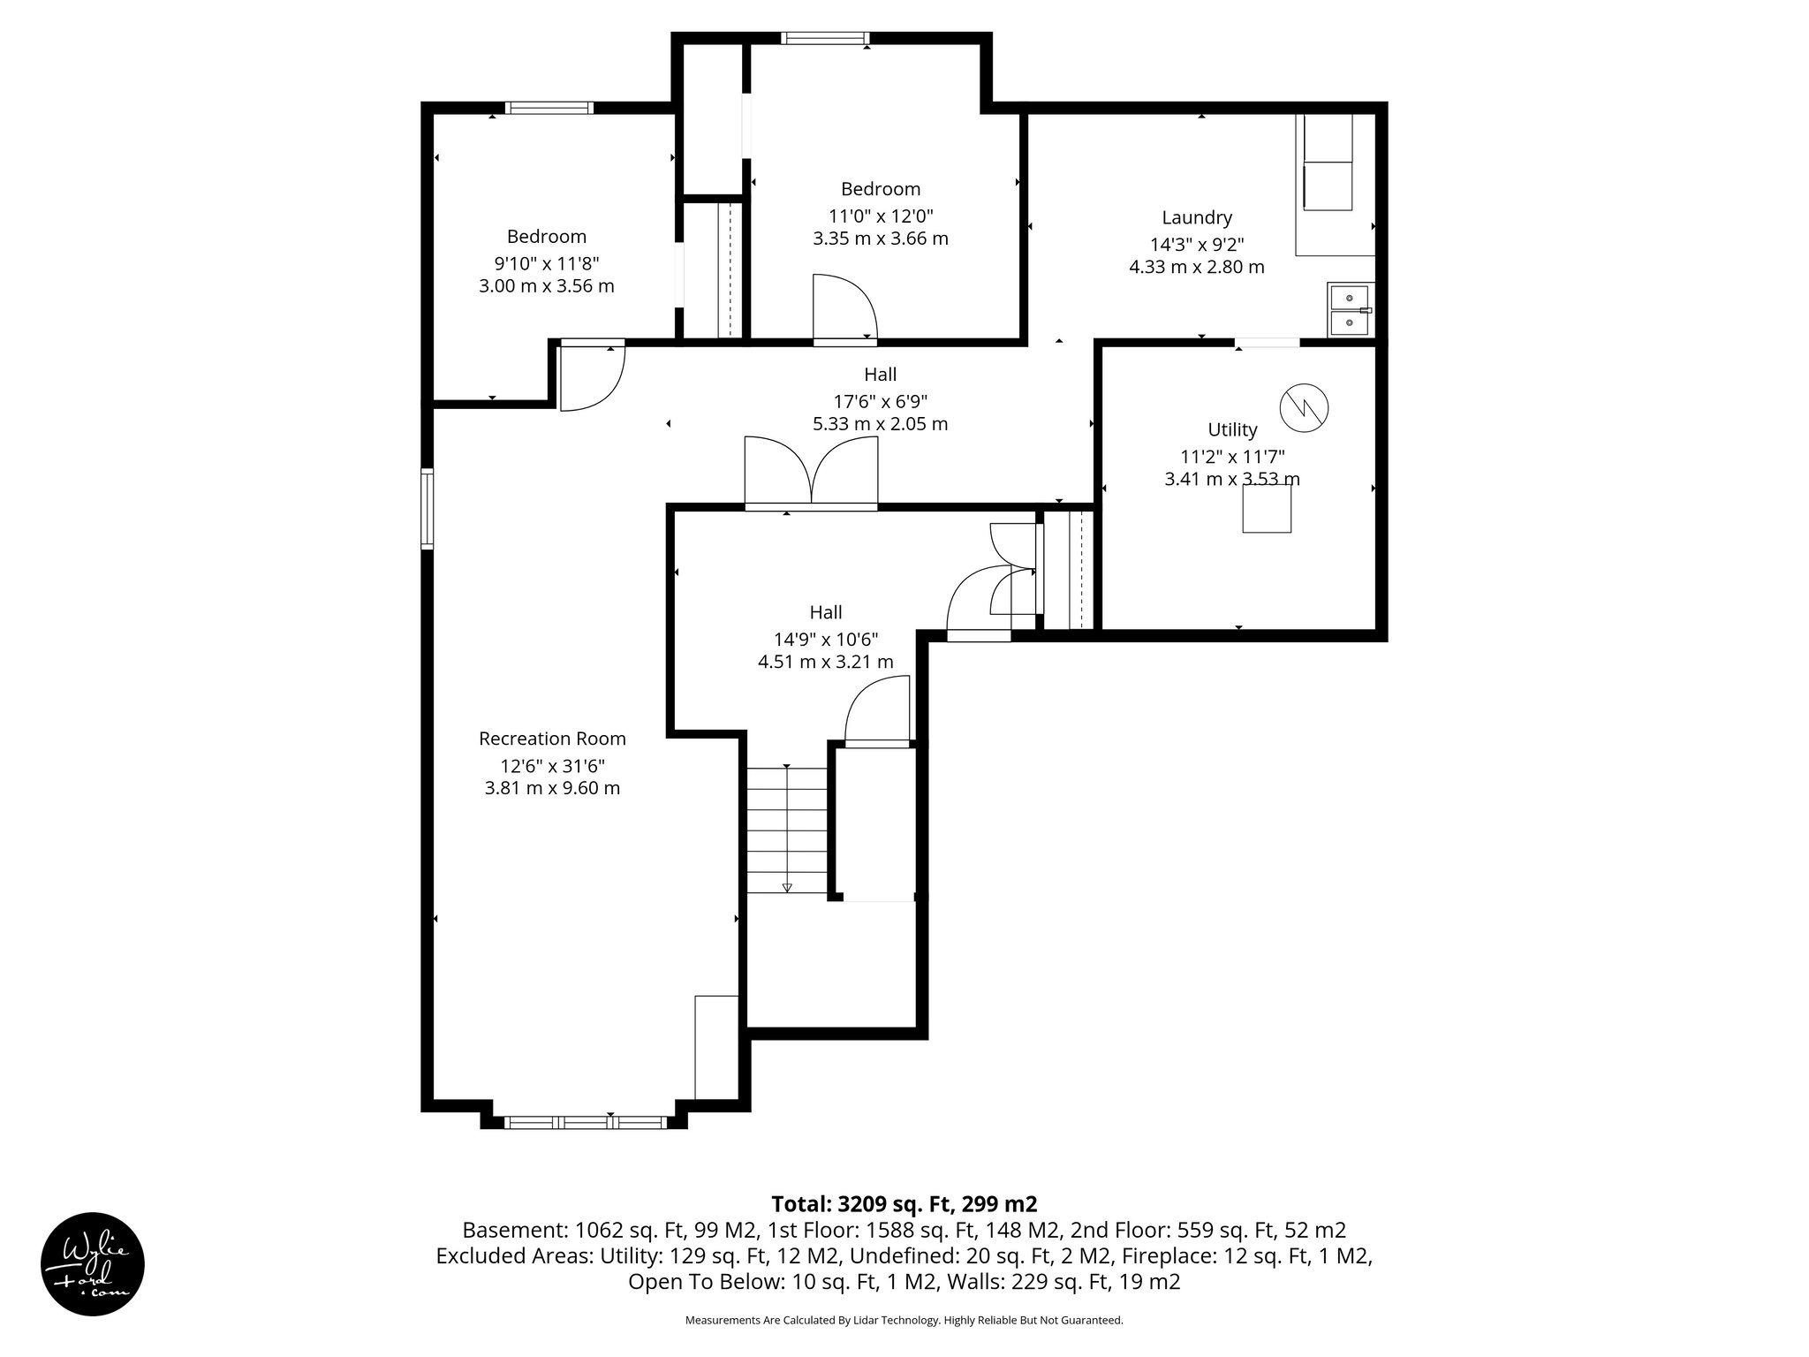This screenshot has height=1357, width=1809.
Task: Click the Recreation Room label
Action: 552,739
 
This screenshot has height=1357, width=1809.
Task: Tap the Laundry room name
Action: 1196,217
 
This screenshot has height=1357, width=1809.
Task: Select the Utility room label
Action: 1232,430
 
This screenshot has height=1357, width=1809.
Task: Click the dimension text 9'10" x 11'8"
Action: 546,263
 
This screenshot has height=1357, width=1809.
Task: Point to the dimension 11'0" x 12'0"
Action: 880,216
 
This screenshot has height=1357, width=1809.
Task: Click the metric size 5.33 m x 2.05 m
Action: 880,424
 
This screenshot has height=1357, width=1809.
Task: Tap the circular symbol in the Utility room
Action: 1305,408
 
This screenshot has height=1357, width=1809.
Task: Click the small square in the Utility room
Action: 1267,509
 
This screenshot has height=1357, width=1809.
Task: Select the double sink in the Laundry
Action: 1350,310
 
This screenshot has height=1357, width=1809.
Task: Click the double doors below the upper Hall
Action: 811,474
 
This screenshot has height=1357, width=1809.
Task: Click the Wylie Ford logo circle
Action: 93,1263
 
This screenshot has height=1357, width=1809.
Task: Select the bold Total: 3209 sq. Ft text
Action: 904,1204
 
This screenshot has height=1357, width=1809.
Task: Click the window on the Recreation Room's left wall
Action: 428,508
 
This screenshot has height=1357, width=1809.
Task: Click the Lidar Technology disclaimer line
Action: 904,1320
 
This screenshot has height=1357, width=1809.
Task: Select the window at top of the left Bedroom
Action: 549,108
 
